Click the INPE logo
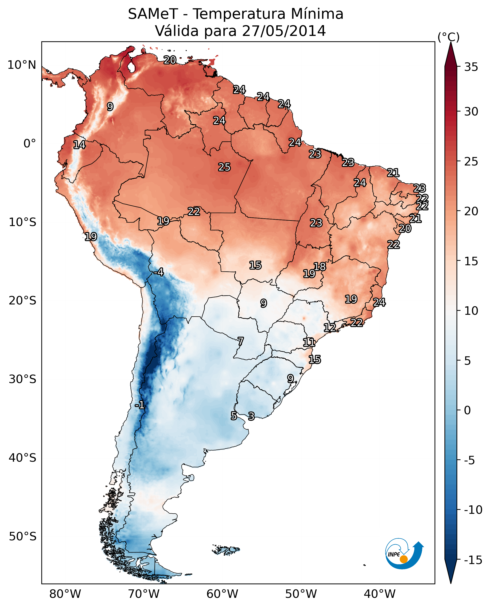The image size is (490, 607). pos(404,554)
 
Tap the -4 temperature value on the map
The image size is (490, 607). pos(159,272)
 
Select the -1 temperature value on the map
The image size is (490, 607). pos(140,405)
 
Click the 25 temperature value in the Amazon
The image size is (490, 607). pos(224,167)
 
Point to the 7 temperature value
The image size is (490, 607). pos(241,341)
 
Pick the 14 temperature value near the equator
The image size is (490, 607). pos(79,145)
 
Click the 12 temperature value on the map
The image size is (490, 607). pos(330,327)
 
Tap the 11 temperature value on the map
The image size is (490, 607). pos(309,342)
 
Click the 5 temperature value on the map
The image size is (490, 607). pos(234,416)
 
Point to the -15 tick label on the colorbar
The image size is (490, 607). pos(473,560)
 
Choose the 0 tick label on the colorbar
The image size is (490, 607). pos(467,410)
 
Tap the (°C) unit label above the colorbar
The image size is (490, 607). pos(448,37)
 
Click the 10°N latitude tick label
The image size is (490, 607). pos(22,65)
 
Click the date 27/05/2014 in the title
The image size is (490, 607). pos(284,31)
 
